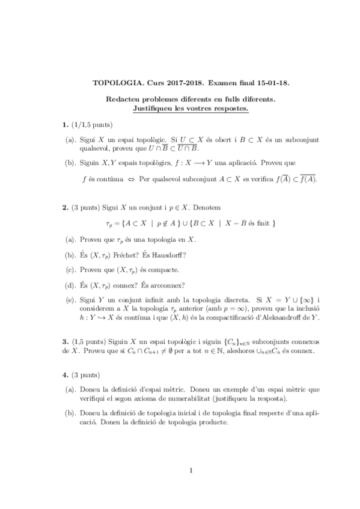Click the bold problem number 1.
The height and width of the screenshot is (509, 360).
pyautogui.click(x=65, y=125)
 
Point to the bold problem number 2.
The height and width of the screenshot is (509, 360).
pyautogui.click(x=65, y=207)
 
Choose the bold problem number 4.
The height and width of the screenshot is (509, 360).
pyautogui.click(x=65, y=375)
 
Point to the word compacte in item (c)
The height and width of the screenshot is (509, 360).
pyautogui.click(x=145, y=270)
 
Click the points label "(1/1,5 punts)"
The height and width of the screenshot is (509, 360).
pyautogui.click(x=91, y=125)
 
